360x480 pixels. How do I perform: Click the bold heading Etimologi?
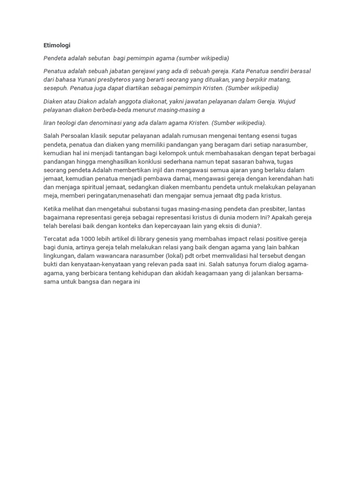[57, 45]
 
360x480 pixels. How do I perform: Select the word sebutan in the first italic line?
[98, 58]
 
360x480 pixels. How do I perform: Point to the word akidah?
[205, 273]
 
